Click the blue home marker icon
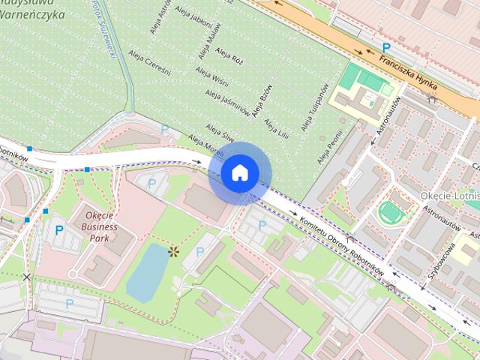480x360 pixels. [239, 172]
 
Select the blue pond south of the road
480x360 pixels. [146, 271]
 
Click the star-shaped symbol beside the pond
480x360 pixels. [174, 251]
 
